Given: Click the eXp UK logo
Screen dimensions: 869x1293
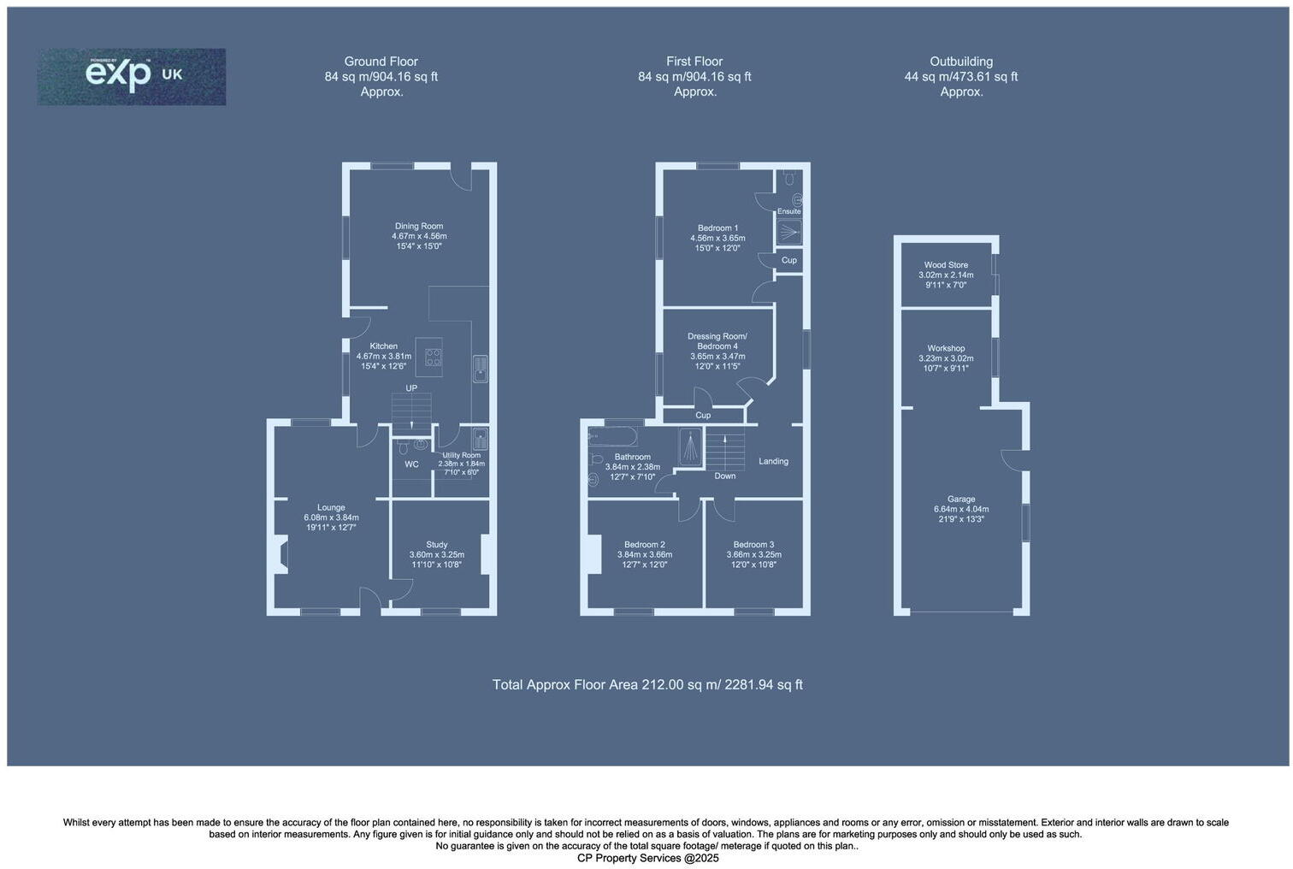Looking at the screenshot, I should (x=132, y=76).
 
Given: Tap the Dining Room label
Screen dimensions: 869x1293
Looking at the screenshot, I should (x=419, y=227).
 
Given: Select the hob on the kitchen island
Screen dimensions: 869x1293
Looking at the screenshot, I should (x=434, y=358).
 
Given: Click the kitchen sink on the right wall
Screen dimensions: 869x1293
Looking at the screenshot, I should (x=480, y=369).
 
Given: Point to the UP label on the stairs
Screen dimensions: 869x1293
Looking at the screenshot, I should (x=411, y=388).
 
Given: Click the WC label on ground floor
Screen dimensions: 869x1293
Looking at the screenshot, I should (x=411, y=464).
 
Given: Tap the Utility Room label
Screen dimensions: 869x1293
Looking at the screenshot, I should (x=461, y=456).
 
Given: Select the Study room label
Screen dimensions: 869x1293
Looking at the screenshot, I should (x=437, y=545).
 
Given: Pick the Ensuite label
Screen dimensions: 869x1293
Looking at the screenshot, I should (x=788, y=211).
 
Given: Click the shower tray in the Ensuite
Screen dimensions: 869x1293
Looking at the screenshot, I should (x=788, y=232).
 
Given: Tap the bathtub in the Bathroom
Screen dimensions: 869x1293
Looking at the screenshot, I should (x=612, y=437).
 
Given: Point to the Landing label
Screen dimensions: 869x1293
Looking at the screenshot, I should (x=773, y=462).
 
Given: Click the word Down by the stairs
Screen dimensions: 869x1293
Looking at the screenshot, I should (x=724, y=476).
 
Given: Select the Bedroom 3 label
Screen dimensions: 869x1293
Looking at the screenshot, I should (x=753, y=545).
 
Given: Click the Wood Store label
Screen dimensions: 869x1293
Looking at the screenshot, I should (x=946, y=265).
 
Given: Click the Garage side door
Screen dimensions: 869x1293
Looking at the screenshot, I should (x=1013, y=459).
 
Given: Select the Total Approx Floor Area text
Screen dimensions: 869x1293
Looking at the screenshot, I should (x=647, y=685).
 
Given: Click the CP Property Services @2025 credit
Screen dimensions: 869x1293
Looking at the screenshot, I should (x=647, y=858).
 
